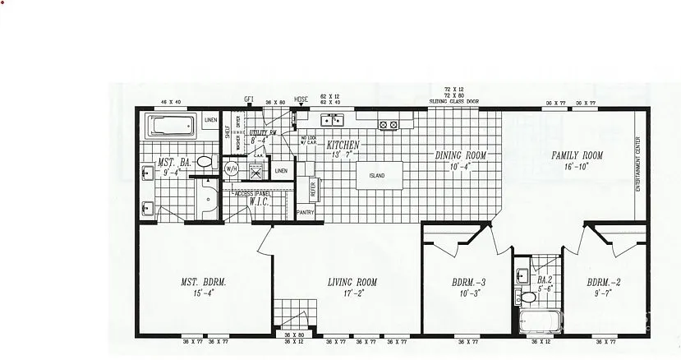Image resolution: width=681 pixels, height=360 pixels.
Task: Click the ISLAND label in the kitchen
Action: coord(377,176)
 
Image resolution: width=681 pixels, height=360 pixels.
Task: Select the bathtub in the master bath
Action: coord(170,127)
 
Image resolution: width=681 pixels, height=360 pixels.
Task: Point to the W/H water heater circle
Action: coord(232,169)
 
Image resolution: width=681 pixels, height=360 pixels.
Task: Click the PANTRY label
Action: coord(306,212)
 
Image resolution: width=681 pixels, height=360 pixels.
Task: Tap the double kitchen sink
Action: coord(333,121)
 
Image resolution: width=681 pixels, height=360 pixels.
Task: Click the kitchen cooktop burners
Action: coord(388,125)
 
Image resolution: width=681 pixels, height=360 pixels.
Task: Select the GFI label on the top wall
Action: coord(249,99)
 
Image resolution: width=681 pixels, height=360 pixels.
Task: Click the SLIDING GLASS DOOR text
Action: coord(454,101)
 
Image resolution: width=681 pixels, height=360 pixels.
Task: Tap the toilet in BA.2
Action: coord(521,294)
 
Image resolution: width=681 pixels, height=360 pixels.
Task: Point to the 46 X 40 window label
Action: coord(172,101)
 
